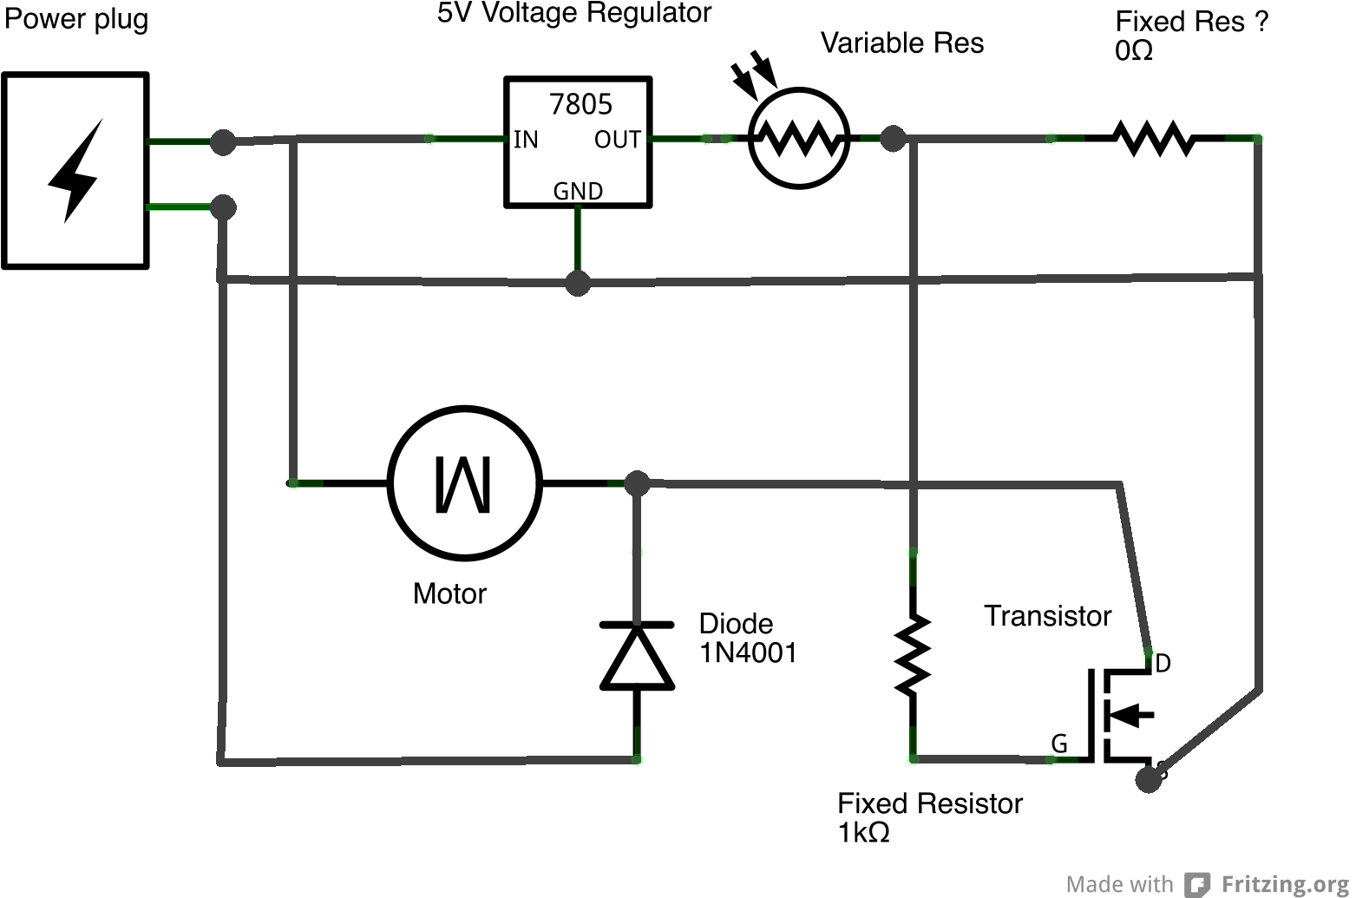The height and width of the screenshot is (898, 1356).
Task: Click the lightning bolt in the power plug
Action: click(75, 171)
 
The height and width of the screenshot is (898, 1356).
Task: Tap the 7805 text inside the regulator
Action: click(580, 105)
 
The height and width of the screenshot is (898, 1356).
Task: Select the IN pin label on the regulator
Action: click(526, 140)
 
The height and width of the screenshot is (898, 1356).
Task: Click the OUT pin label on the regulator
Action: click(617, 140)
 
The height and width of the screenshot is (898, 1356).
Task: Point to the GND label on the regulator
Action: click(578, 191)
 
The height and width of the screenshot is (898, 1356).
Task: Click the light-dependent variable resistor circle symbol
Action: click(798, 138)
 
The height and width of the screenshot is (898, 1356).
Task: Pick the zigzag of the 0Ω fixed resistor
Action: click(1153, 138)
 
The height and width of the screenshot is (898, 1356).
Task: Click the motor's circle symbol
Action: click(465, 482)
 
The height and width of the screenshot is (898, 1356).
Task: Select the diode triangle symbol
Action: click(638, 657)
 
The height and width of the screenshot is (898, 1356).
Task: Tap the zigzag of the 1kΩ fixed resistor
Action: click(913, 655)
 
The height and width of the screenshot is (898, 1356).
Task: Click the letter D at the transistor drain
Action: click(1163, 664)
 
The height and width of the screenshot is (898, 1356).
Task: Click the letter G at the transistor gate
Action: click(1059, 744)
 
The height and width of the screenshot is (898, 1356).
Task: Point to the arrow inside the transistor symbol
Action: click(1131, 716)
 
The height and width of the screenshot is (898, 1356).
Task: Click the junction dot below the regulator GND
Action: click(578, 283)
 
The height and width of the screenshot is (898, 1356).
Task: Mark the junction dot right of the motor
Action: click(638, 483)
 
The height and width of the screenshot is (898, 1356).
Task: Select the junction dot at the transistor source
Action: click(1148, 780)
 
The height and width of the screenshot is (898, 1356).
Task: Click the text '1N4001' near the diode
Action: click(748, 652)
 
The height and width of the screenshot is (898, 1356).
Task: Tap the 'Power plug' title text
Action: click(76, 19)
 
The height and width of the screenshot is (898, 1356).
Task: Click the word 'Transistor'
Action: click(1047, 616)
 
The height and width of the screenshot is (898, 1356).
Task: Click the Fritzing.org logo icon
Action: click(1198, 884)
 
